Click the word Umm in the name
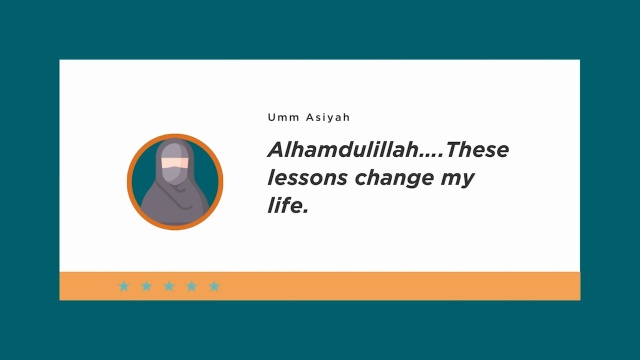pos(283,118)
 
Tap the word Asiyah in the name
pos(328,118)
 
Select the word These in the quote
pos(477,149)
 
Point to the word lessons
pos(307,178)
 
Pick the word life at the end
pos(285,205)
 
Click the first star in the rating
pos(124,286)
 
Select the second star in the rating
pos(147,286)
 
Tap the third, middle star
pos(169,286)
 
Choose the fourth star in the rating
pos(191,286)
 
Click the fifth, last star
pos(214,286)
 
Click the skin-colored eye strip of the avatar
pos(174,163)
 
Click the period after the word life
pos(305,211)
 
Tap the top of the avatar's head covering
pos(175,141)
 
